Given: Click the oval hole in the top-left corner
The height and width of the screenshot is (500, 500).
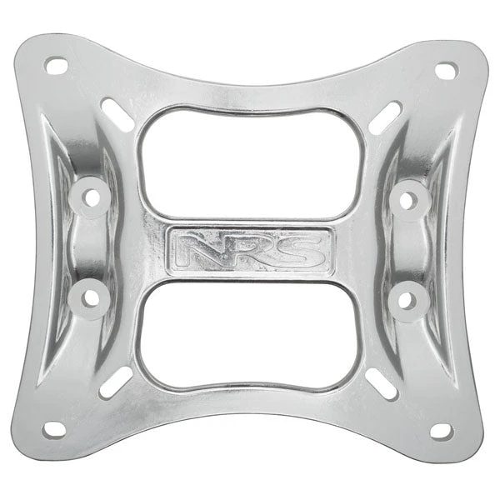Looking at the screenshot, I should (x=56, y=65).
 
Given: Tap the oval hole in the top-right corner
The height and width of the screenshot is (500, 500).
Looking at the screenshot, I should (x=446, y=71).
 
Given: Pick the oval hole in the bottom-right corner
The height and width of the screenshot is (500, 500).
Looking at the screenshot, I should (x=442, y=431).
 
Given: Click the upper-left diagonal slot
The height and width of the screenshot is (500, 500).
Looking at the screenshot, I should (x=117, y=115).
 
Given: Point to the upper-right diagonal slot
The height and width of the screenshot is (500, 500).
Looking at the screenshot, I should (x=385, y=118).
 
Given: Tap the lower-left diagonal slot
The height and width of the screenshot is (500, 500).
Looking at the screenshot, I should (x=115, y=382).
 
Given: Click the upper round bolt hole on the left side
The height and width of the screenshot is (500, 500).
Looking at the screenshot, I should (x=91, y=197).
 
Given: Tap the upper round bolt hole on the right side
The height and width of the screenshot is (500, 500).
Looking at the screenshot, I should (x=409, y=199).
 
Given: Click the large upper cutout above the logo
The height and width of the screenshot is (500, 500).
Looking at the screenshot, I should (x=251, y=162).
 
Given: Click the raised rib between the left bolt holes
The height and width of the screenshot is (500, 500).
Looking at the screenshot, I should (x=87, y=247).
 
